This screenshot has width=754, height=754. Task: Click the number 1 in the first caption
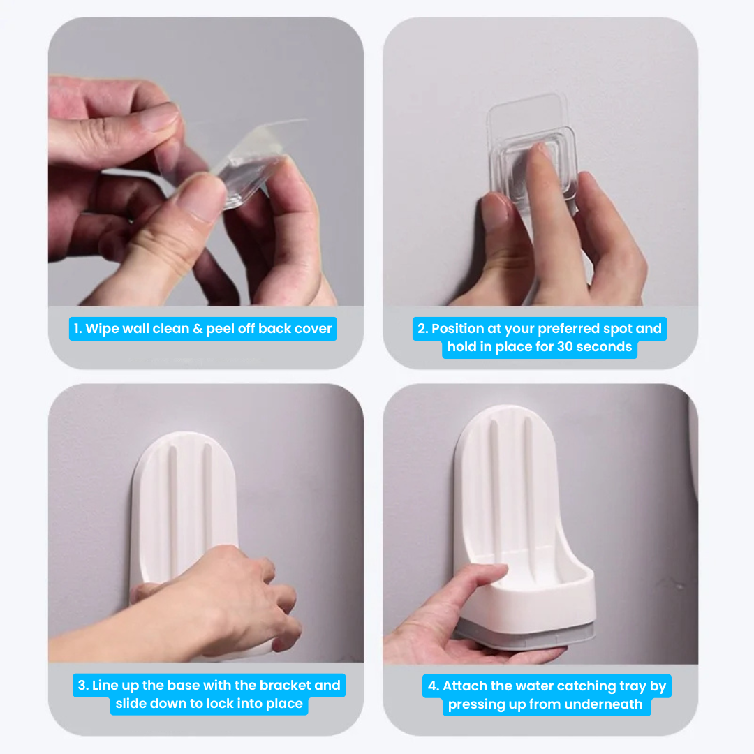click(77, 328)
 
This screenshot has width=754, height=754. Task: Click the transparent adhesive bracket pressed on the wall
click(532, 154)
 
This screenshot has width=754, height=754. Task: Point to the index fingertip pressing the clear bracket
click(542, 154)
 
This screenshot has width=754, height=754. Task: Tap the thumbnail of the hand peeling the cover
click(201, 194)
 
